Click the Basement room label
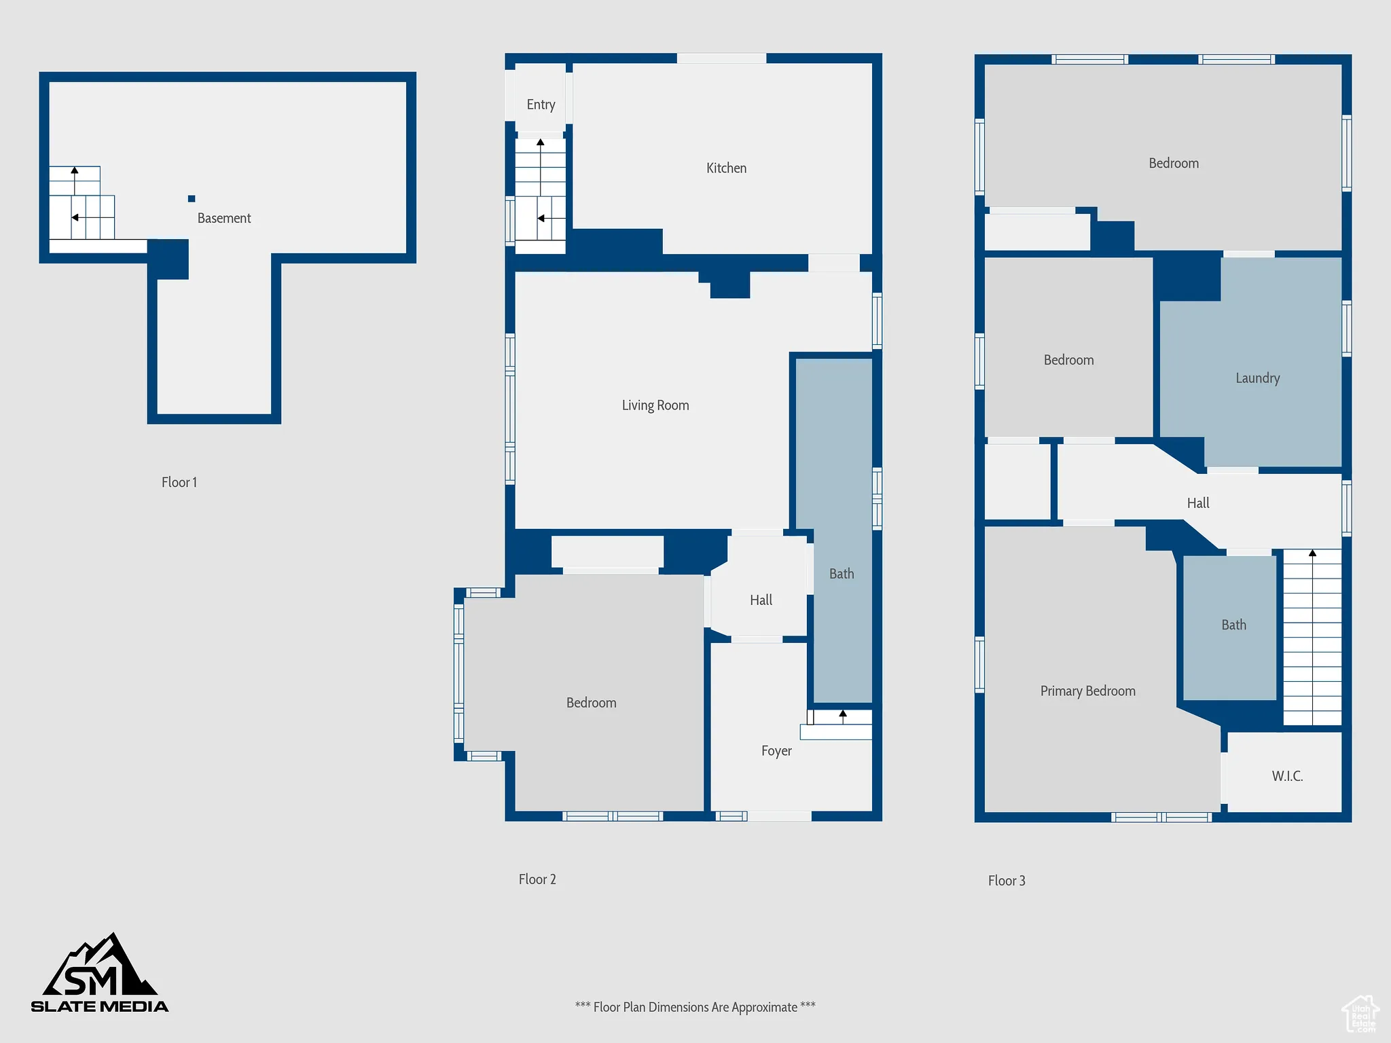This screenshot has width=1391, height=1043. click(x=224, y=218)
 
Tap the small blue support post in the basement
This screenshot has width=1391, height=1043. click(x=192, y=199)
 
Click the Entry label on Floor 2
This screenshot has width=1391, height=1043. click(x=541, y=105)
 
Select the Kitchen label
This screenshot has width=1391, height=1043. click(x=726, y=168)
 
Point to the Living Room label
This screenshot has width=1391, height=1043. click(x=655, y=405)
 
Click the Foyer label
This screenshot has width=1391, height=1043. click(x=776, y=751)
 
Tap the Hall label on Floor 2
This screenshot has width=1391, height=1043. click(x=761, y=600)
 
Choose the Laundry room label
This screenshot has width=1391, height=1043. click(x=1257, y=378)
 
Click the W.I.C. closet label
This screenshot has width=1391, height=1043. click(x=1287, y=776)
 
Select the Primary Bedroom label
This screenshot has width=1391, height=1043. click(x=1087, y=691)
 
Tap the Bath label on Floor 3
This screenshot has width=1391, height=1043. click(x=1233, y=625)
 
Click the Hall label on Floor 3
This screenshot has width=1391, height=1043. click(x=1198, y=503)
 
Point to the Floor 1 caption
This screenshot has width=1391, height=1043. click(x=179, y=482)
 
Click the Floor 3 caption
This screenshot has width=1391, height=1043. click(x=1007, y=881)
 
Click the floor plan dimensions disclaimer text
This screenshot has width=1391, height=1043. click(x=695, y=1007)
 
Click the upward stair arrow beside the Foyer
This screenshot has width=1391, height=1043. click(x=843, y=715)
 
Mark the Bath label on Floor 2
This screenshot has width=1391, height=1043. click(x=842, y=574)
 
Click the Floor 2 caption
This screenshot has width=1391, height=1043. click(x=537, y=879)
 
